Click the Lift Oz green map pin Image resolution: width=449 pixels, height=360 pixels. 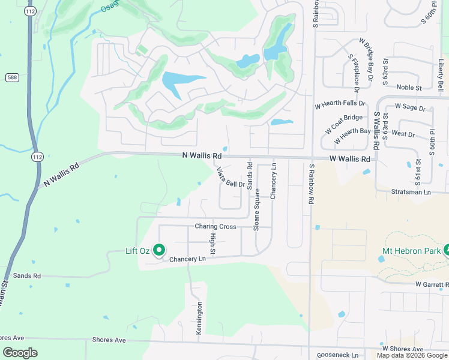pyautogui.click(x=159, y=250)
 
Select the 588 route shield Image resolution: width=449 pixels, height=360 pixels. pyautogui.click(x=12, y=77)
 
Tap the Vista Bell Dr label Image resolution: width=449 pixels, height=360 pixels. pyautogui.click(x=231, y=177)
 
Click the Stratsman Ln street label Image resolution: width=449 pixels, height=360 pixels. pyautogui.click(x=411, y=192)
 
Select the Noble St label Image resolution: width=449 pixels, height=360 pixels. pyautogui.click(x=409, y=88)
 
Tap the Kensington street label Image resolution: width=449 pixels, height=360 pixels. pyautogui.click(x=200, y=313)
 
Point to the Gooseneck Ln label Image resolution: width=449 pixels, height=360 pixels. pyautogui.click(x=337, y=355)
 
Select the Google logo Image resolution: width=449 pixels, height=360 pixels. pyautogui.click(x=20, y=353)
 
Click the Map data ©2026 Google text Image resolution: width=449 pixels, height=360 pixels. pyautogui.click(x=412, y=355)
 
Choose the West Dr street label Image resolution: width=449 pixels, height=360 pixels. pyautogui.click(x=402, y=134)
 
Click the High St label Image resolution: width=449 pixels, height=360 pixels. pyautogui.click(x=212, y=242)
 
